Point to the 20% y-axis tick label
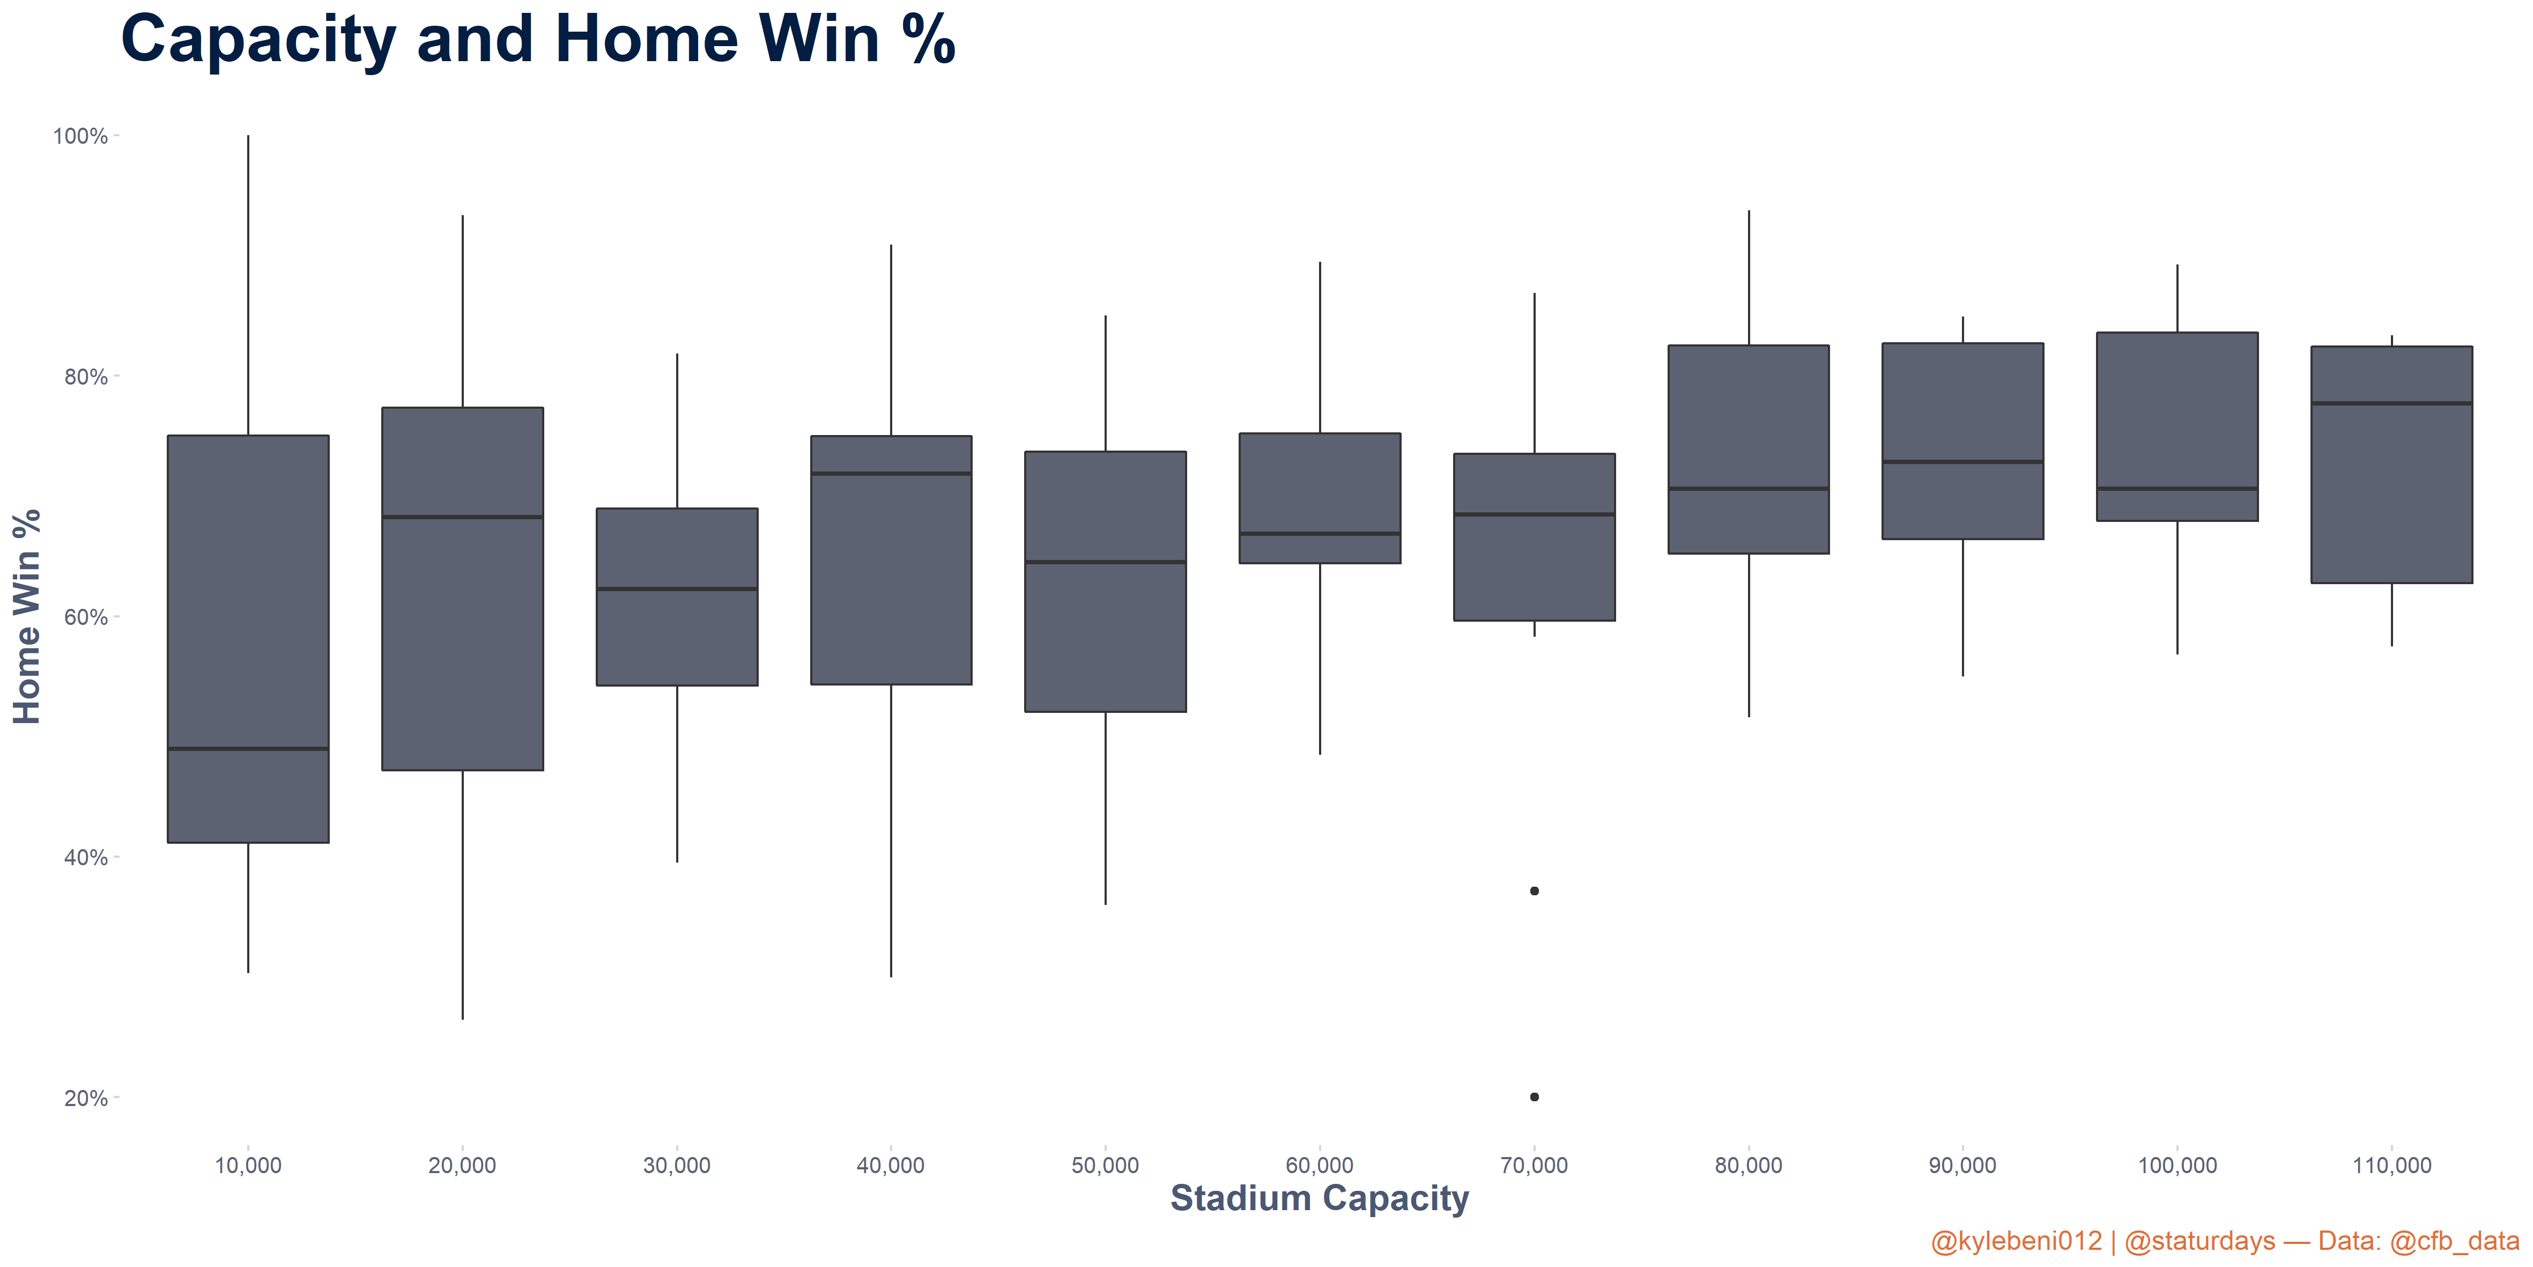[85, 1098]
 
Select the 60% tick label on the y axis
[85, 617]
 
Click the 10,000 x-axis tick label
[248, 1166]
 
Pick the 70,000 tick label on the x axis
[1534, 1166]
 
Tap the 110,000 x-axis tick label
[2391, 1166]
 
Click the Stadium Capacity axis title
[1319, 1199]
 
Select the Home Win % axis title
[27, 617]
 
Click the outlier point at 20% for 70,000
[1534, 1097]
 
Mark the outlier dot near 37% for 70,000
[1534, 891]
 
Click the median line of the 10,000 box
[248, 749]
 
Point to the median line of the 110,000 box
[2391, 403]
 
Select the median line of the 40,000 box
[891, 473]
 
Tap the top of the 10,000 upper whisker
[248, 137]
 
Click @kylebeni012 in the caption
[2016, 1241]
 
